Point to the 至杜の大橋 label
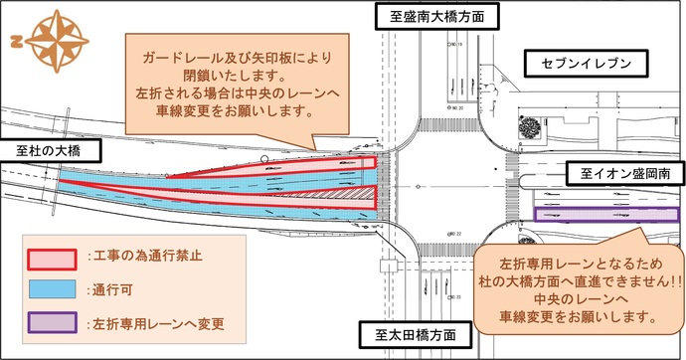pyautogui.click(x=48, y=151)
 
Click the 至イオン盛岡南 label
pyautogui.click(x=619, y=173)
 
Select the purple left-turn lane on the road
pyautogui.click(x=591, y=215)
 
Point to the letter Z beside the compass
pyautogui.click(x=17, y=42)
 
